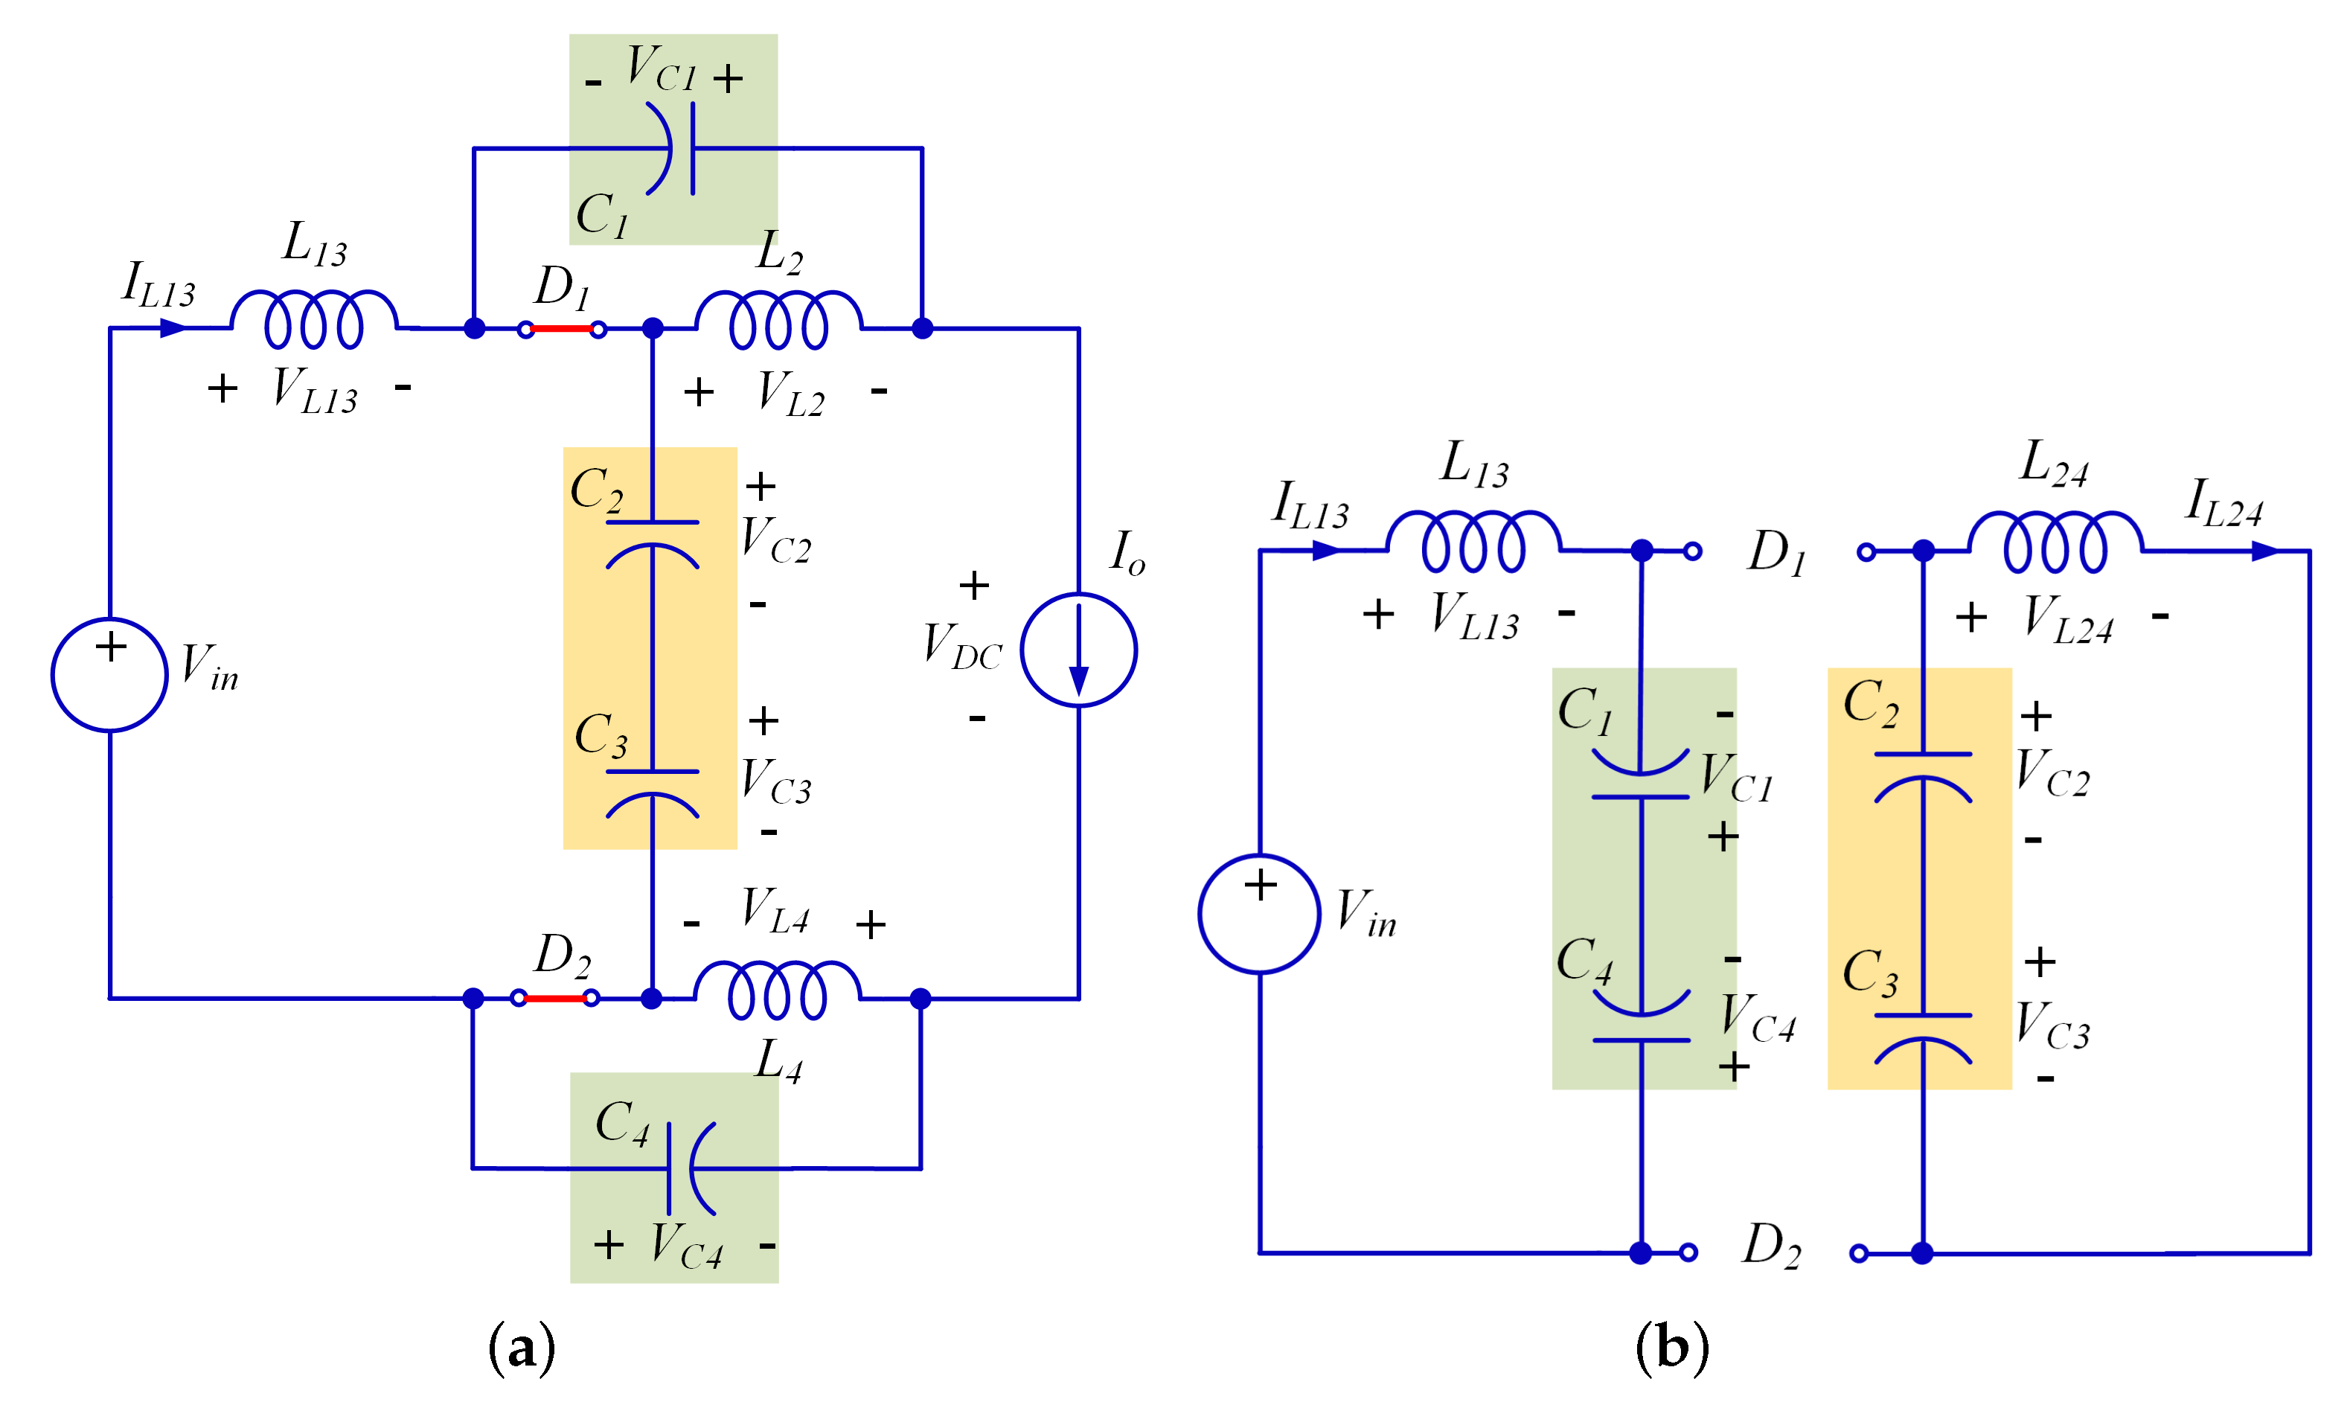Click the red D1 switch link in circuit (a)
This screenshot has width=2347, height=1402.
pos(561,329)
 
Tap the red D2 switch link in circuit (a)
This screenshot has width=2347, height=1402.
pos(554,998)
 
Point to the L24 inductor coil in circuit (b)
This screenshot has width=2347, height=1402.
pos(2055,541)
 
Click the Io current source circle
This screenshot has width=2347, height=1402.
pos(1078,650)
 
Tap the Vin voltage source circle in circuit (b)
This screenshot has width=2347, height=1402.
pos(1259,914)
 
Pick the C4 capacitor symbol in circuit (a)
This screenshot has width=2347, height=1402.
pos(690,1168)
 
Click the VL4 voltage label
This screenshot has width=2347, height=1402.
pos(775,911)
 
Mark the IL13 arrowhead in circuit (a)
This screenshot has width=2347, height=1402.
pos(172,328)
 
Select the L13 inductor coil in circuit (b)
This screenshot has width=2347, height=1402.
pos(1473,541)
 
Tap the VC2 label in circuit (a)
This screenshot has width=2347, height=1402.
pos(775,540)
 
